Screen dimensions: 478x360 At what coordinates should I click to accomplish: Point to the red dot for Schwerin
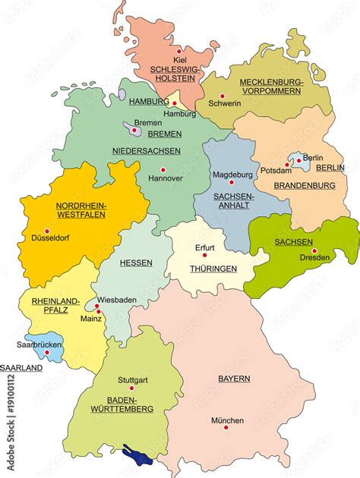click(223, 96)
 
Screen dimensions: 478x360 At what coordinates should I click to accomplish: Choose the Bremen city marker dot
click(134, 130)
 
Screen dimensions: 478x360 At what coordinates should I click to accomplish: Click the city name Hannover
click(165, 178)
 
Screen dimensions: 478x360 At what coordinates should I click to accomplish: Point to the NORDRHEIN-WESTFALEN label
click(81, 210)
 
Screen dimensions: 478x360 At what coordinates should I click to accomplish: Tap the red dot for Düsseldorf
click(46, 231)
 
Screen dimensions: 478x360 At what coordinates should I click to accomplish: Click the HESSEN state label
click(137, 263)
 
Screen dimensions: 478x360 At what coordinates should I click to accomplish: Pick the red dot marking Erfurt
click(204, 255)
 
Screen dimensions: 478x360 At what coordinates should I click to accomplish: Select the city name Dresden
click(314, 257)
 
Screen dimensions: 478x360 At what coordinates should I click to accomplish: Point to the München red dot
click(226, 427)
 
